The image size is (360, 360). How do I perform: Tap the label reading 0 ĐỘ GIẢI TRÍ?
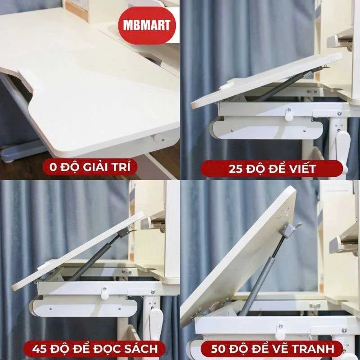[x=90, y=168]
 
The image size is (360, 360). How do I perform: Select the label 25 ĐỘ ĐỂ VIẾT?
[x=270, y=169]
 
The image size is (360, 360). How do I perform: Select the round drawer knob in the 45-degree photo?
[x=105, y=294]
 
